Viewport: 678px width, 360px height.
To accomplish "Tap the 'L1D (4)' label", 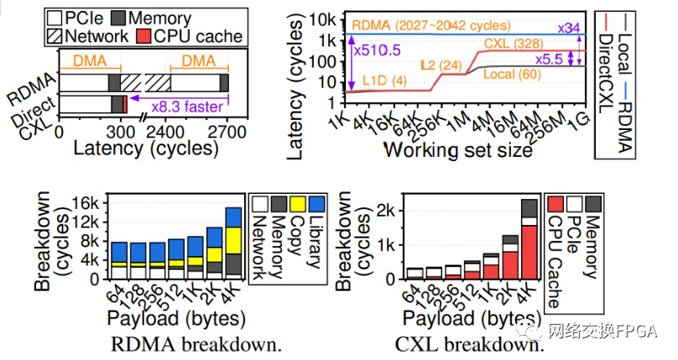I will click(x=385, y=80).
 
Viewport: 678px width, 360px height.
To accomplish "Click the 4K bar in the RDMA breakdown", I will click(x=232, y=243).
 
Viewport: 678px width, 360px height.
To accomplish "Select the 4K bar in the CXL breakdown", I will click(x=530, y=239).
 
